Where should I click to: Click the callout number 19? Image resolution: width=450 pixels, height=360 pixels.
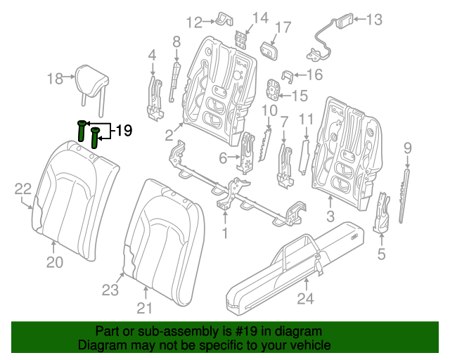(x=124, y=130)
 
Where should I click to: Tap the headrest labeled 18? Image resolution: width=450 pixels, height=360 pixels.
(x=91, y=77)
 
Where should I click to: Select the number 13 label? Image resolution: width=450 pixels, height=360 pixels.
(x=374, y=20)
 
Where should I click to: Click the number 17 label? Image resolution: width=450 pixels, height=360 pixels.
(x=282, y=28)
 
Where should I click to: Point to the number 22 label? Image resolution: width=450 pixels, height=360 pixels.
(x=23, y=188)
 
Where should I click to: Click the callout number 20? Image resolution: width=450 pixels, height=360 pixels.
(x=55, y=262)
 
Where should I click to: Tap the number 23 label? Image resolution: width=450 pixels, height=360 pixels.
(x=111, y=289)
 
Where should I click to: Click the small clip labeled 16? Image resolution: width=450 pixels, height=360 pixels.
(x=287, y=75)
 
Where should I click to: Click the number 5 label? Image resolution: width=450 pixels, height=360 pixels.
(x=381, y=255)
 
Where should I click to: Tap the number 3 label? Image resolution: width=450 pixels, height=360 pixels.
(x=331, y=218)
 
